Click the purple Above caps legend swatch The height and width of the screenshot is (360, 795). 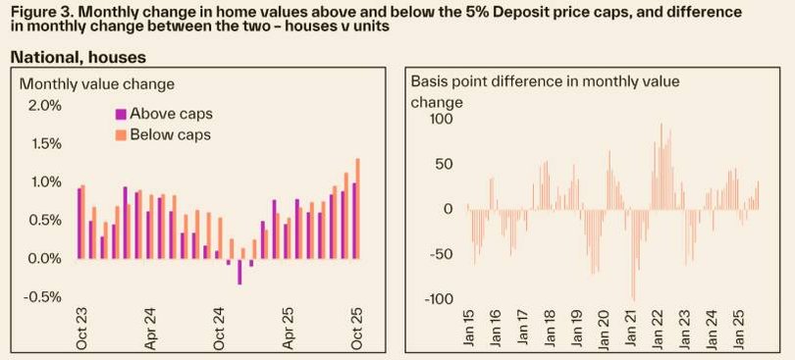pyautogui.click(x=121, y=114)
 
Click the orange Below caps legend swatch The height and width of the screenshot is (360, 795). pyautogui.click(x=121, y=134)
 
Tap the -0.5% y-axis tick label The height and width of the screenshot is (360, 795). pyautogui.click(x=39, y=297)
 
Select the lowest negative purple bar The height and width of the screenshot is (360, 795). pyautogui.click(x=239, y=272)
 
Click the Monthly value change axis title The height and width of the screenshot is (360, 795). pyautogui.click(x=96, y=83)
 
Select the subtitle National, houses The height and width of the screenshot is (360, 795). pyautogui.click(x=78, y=58)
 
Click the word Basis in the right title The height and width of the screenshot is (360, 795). pyautogui.click(x=430, y=81)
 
